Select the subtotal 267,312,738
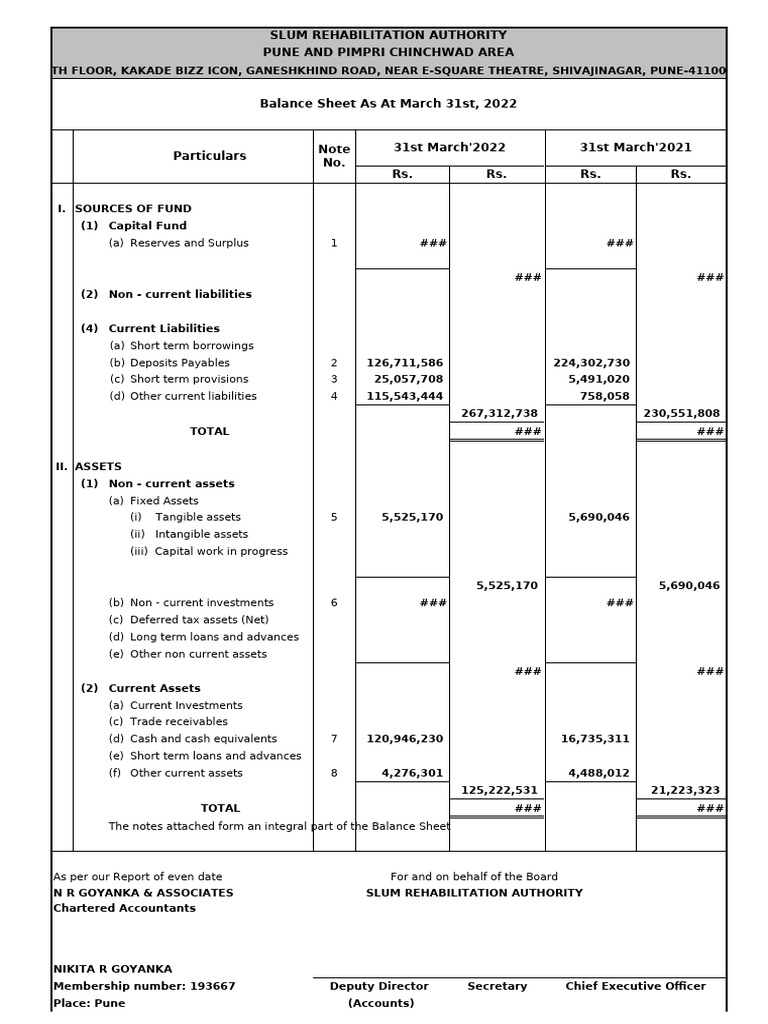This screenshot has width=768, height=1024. point(499,413)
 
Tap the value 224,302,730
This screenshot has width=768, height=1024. point(591,363)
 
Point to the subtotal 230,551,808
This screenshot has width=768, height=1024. point(681,413)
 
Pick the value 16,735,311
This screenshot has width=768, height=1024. point(595,739)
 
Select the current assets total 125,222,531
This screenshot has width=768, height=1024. point(499,790)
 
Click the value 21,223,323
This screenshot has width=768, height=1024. point(685,790)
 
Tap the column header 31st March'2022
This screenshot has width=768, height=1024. point(449,147)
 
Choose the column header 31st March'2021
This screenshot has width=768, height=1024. point(635,147)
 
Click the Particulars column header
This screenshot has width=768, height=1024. point(209,156)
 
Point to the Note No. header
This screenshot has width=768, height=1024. point(334,156)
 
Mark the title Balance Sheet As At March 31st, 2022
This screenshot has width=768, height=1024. point(388,104)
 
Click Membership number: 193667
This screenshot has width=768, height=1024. point(144,986)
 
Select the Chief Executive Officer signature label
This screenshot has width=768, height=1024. point(635,986)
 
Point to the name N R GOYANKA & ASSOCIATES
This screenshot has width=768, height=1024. point(143,893)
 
